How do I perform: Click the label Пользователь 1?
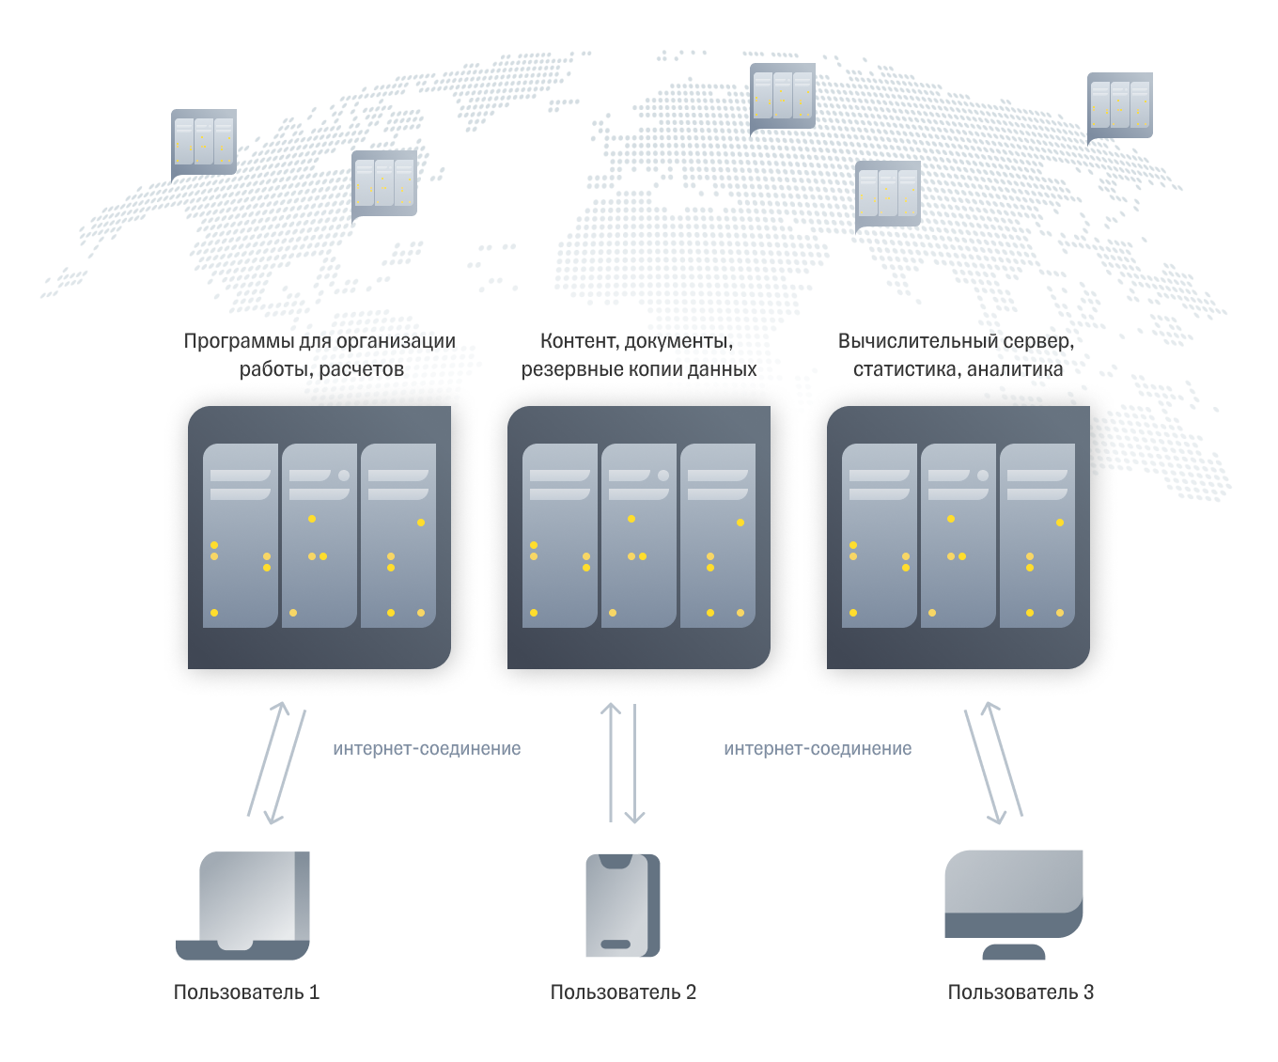tap(246, 992)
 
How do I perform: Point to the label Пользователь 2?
tap(623, 992)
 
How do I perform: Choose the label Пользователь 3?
tap(1021, 992)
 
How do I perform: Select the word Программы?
tap(238, 341)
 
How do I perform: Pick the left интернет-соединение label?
tap(427, 749)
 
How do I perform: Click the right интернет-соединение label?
tap(818, 749)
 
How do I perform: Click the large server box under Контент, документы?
tap(639, 538)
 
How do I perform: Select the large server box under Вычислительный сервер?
tap(958, 538)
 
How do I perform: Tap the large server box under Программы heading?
tap(319, 538)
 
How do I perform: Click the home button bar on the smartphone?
tap(616, 945)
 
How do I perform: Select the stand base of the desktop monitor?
tap(1014, 952)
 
